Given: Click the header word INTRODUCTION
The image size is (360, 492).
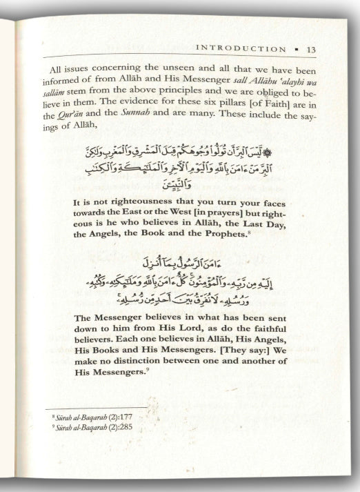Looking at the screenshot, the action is click(241, 49).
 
